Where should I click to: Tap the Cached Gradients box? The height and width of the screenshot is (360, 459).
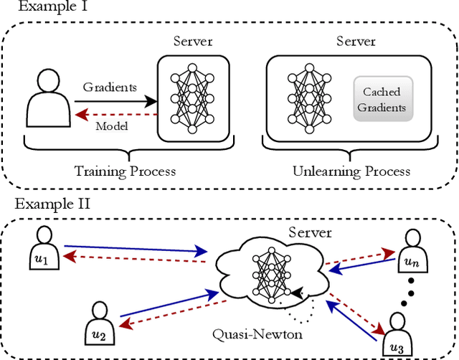[382, 100]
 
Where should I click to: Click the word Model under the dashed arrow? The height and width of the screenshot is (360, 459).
[111, 126]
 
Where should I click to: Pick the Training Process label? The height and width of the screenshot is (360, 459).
[126, 171]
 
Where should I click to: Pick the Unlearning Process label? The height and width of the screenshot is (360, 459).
[351, 171]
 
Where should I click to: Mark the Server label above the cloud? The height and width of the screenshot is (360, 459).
[309, 232]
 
